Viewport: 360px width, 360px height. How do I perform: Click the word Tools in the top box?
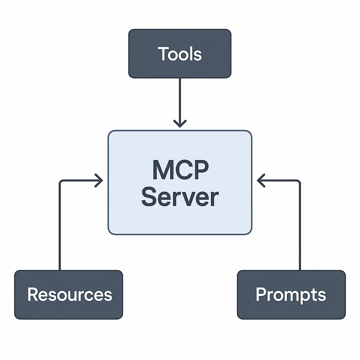tap(180, 54)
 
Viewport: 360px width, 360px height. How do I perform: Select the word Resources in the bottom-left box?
tap(70, 294)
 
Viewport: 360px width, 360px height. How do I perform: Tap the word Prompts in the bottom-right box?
tap(291, 294)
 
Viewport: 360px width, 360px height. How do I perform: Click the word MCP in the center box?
tap(180, 170)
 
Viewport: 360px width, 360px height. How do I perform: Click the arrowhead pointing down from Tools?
tap(180, 123)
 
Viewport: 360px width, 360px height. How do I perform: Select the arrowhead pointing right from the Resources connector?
tap(99, 181)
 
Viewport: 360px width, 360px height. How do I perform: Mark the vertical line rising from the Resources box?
tap(60, 229)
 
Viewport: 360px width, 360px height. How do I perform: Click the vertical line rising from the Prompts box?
tap(300, 229)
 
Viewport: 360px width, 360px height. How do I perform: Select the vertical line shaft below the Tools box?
tap(180, 98)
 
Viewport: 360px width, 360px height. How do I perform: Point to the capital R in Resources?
tap(32, 294)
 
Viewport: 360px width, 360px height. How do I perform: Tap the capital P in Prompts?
tap(261, 294)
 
